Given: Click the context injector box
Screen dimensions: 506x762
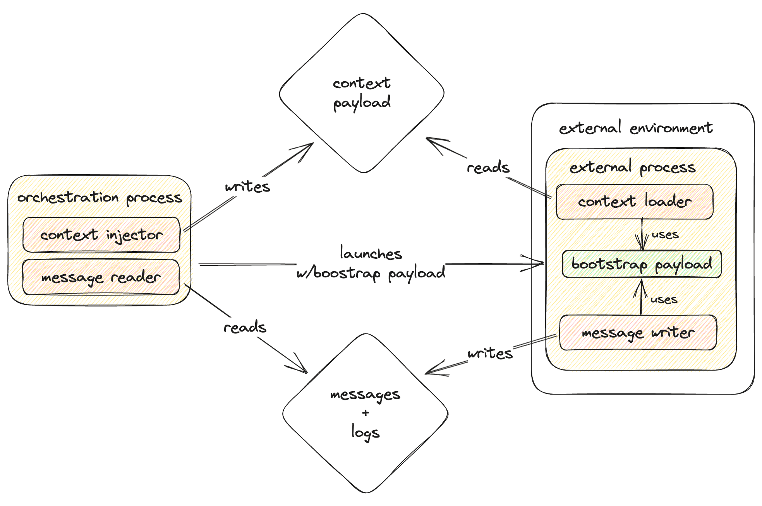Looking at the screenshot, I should click(101, 235).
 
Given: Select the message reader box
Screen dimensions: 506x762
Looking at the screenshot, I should click(101, 277).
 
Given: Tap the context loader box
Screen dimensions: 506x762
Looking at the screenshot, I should click(634, 202).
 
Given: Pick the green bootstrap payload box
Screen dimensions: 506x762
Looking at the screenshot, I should click(642, 264).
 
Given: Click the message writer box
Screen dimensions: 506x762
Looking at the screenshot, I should click(638, 333).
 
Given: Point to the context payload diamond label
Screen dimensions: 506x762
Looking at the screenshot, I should click(362, 93).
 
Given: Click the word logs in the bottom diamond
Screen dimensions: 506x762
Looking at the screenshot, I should click(365, 432).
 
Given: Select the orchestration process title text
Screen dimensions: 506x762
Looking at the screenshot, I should click(100, 198).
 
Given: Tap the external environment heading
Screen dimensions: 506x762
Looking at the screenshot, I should click(635, 128).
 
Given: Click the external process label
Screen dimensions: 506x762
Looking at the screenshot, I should click(632, 168).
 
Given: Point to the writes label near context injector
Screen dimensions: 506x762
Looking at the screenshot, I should click(247, 187).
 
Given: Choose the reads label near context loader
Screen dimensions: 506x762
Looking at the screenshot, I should click(488, 168).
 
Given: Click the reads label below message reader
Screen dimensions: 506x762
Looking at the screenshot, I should click(245, 328).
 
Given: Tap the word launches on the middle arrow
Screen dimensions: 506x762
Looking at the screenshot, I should click(371, 254).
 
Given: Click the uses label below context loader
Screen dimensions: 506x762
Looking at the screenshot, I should click(665, 234).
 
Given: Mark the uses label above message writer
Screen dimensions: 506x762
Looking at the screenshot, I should click(664, 299).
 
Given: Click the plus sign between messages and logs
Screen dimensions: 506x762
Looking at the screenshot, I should click(366, 413).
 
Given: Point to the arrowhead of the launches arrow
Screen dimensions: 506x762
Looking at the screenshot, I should click(541, 263).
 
